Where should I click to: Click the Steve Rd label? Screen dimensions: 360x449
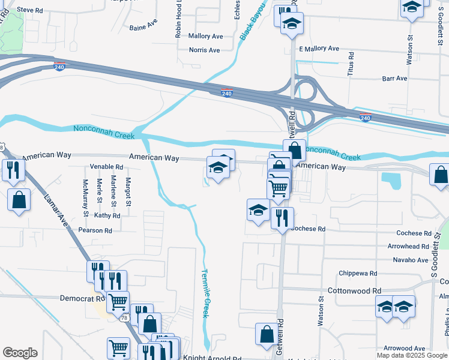click(x=30, y=10)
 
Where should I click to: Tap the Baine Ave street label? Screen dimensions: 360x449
click(x=143, y=27)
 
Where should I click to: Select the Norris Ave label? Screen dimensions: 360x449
click(x=205, y=50)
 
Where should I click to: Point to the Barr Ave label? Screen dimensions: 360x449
click(x=394, y=79)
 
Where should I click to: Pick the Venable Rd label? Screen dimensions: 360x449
click(x=106, y=167)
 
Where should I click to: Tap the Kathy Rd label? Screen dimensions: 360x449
click(x=107, y=215)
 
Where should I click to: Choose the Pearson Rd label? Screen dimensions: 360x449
click(x=95, y=230)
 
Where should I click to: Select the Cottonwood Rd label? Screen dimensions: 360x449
click(x=354, y=290)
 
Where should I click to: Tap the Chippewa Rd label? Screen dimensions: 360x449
click(x=358, y=273)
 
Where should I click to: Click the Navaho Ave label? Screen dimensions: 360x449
click(x=411, y=260)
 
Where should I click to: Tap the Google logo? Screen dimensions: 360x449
click(x=20, y=353)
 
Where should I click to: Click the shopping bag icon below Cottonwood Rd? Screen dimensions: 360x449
click(x=267, y=335)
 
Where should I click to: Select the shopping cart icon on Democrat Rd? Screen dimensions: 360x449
click(x=118, y=301)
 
